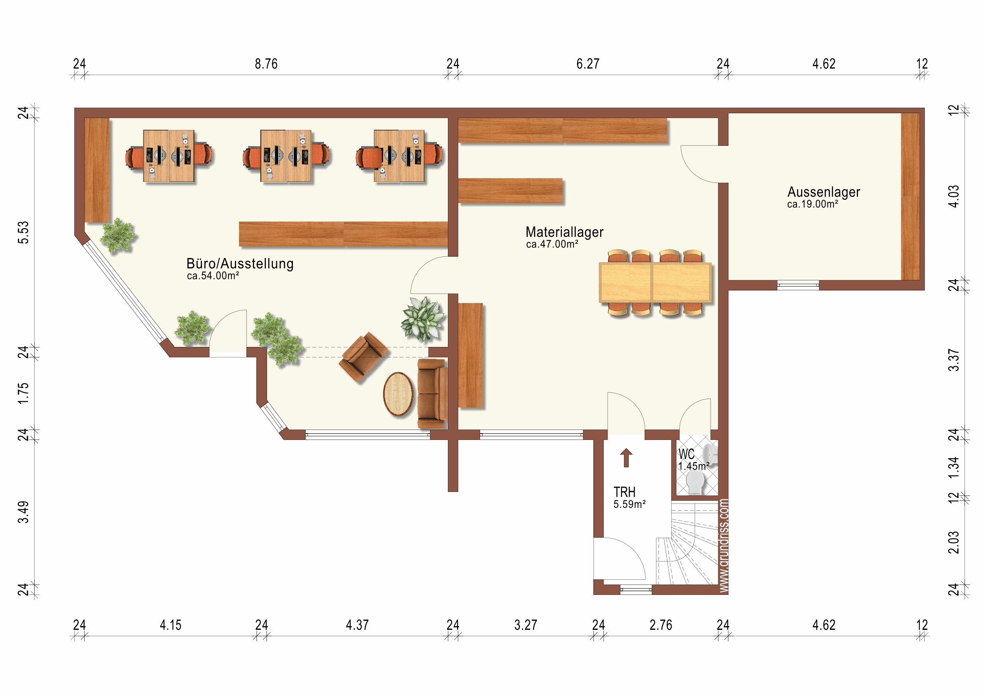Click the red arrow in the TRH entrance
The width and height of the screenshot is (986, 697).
[x=626, y=457]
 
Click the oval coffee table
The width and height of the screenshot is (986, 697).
[x=398, y=394]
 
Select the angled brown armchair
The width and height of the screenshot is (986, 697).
[x=363, y=356]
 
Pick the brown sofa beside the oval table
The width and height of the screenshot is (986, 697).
[x=432, y=394]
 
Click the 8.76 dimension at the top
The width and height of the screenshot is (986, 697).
[x=266, y=64]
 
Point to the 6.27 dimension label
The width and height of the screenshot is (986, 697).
[x=587, y=64]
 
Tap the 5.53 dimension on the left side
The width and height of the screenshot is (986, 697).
[x=23, y=232]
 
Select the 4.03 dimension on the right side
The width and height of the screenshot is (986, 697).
[x=953, y=196]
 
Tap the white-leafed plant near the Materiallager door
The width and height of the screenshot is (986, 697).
[x=422, y=318]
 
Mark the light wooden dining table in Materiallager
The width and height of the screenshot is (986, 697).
[x=655, y=283]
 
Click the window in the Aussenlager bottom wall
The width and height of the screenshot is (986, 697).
[x=798, y=285]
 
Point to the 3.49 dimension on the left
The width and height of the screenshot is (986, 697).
[x=23, y=512]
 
